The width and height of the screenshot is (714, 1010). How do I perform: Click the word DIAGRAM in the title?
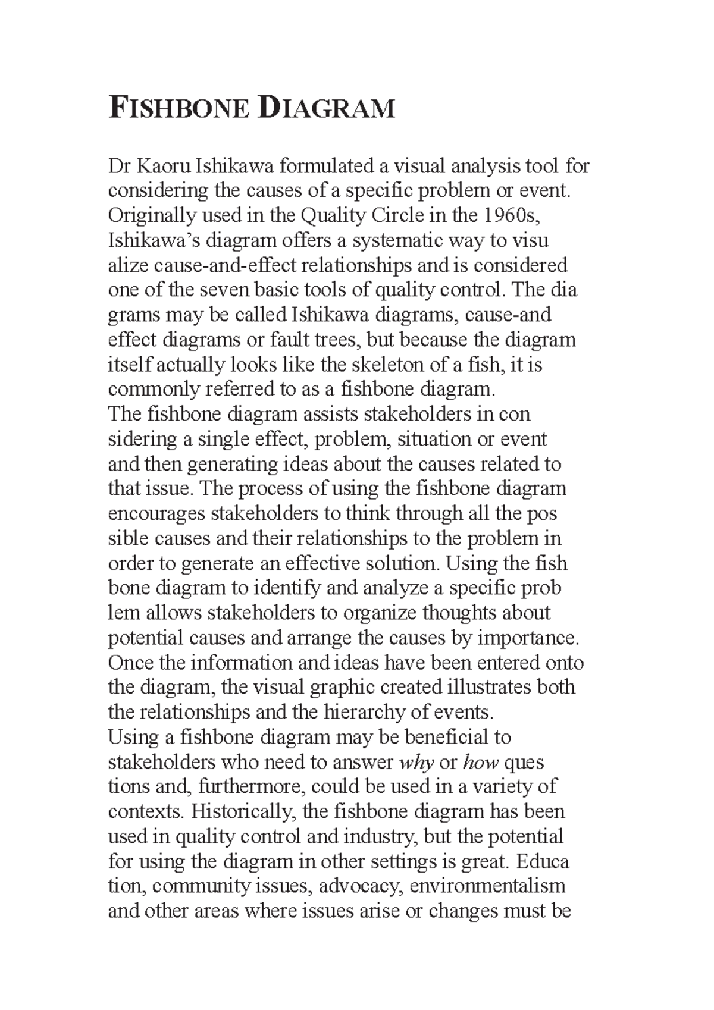click(x=327, y=109)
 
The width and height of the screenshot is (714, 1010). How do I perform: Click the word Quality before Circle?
click(x=334, y=215)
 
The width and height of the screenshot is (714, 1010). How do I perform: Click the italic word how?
click(x=480, y=763)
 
